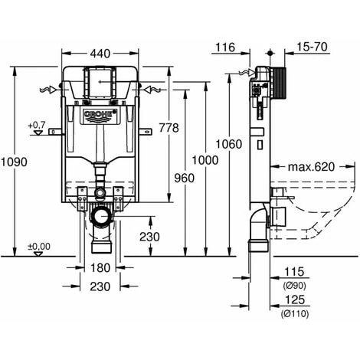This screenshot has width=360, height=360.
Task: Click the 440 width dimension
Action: pos(100,54)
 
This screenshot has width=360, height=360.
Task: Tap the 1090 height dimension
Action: pos(14,162)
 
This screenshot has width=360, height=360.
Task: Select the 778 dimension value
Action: pos(169,128)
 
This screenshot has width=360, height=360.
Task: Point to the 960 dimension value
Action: pos(184,178)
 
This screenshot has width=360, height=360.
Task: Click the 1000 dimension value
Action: pos(205,160)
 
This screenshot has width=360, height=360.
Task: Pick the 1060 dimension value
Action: pos(229,144)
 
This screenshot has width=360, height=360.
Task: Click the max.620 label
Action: pos(311,167)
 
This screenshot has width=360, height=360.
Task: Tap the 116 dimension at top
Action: pos(225,47)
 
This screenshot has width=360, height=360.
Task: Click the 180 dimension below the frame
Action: pos(100,268)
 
